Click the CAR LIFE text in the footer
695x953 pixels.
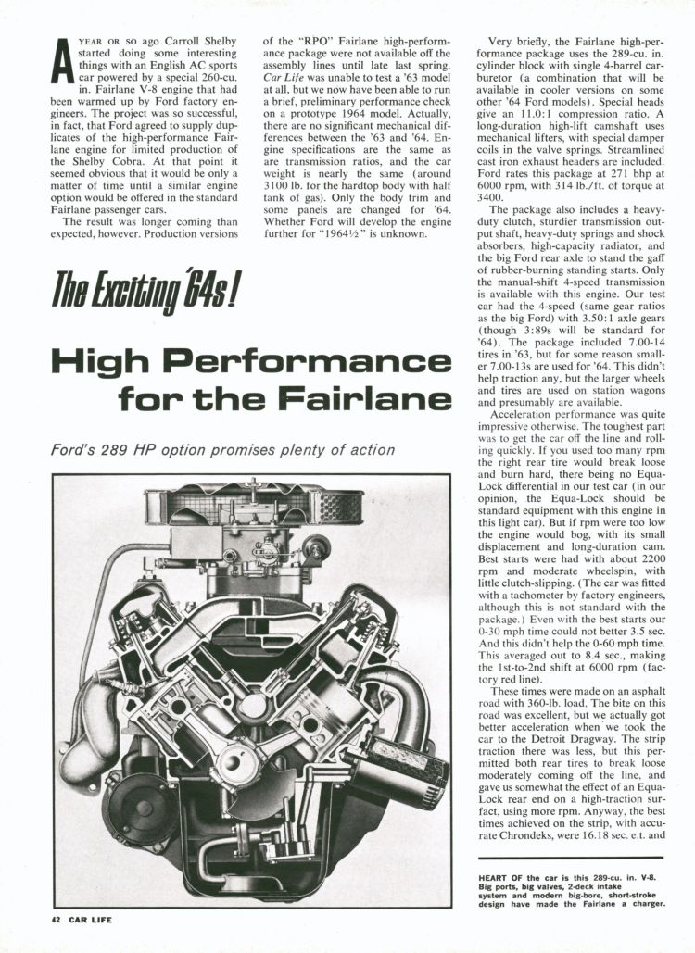click(91, 921)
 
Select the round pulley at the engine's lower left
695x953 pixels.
click(139, 803)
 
